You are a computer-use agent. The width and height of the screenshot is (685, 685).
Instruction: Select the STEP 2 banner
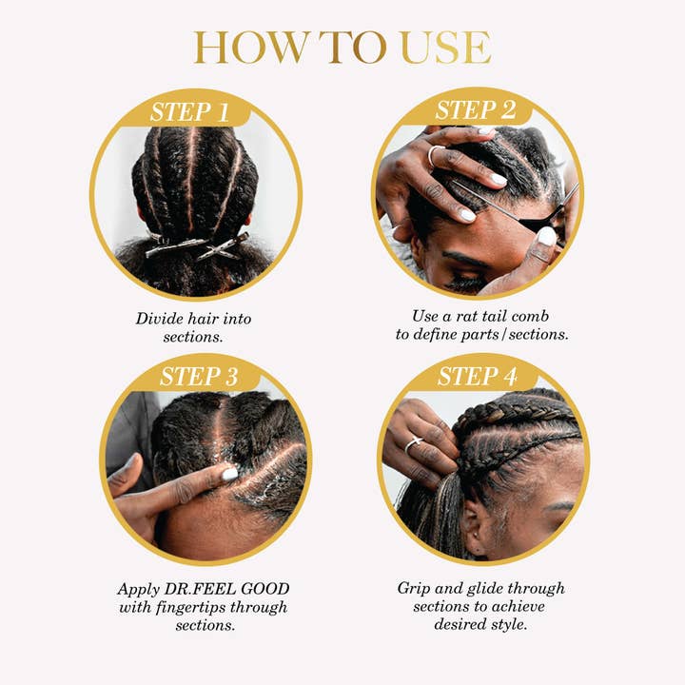(476, 110)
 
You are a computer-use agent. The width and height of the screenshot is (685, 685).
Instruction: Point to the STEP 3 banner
(199, 376)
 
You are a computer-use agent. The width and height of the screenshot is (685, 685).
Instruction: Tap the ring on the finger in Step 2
(433, 155)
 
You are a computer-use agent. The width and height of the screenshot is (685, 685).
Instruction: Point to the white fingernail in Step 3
(229, 473)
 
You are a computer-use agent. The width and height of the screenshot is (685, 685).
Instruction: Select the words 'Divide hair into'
(193, 319)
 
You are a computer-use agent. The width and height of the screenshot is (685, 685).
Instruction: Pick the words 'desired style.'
(480, 624)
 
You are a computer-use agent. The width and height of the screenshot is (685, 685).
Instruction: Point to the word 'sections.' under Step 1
(192, 336)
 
